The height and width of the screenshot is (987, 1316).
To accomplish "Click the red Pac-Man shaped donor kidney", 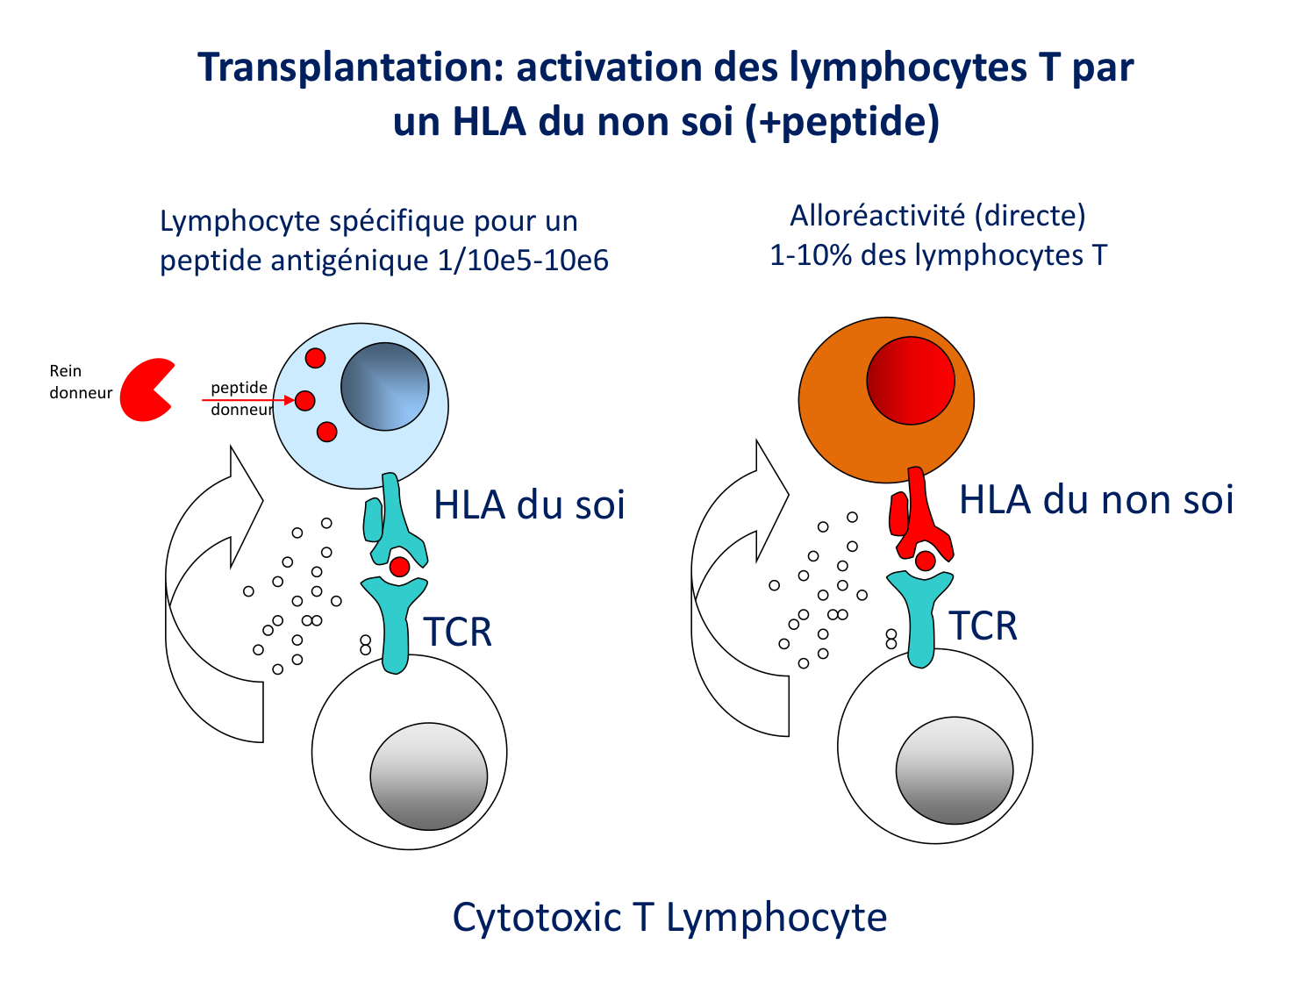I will pyautogui.click(x=142, y=390).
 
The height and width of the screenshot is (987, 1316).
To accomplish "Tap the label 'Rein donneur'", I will pyautogui.click(x=80, y=383).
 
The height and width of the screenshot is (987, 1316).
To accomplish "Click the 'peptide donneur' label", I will pyautogui.click(x=240, y=398).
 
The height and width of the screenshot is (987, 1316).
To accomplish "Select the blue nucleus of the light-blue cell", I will pyautogui.click(x=384, y=387).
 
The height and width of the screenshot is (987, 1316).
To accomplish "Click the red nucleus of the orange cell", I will pyautogui.click(x=910, y=381).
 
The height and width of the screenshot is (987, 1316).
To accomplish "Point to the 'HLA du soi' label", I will pyautogui.click(x=529, y=505).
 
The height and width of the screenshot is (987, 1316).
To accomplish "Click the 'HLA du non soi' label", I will pyautogui.click(x=1096, y=500).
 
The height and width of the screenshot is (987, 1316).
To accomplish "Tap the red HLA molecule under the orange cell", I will pyautogui.click(x=919, y=518).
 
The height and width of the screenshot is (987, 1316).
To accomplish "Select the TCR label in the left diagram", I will pyautogui.click(x=457, y=633).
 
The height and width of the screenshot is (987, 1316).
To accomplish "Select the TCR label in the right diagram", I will pyautogui.click(x=983, y=626).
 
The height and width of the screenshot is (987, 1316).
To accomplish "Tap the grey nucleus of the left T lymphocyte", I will pyautogui.click(x=428, y=776).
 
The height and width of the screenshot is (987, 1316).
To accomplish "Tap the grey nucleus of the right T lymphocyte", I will pyautogui.click(x=954, y=770).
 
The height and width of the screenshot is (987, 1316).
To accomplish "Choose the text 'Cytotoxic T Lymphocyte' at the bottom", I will pyautogui.click(x=669, y=918).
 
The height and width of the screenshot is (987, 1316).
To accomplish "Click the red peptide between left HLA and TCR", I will pyautogui.click(x=399, y=567).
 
